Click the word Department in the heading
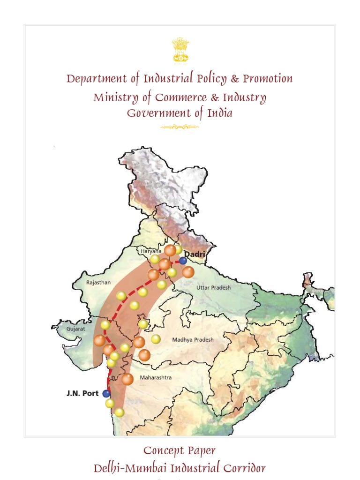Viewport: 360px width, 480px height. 97,79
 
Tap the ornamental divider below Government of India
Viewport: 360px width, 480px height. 180,127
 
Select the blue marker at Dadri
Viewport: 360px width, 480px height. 183,261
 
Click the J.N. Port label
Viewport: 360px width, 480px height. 82,393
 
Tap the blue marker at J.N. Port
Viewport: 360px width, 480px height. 106,393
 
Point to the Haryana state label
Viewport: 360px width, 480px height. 151,251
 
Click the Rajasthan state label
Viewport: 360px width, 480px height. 98,283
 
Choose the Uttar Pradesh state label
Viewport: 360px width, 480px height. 213,287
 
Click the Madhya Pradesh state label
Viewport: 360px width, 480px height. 193,340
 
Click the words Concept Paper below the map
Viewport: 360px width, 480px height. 180,451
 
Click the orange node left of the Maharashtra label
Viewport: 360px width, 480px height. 127,379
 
